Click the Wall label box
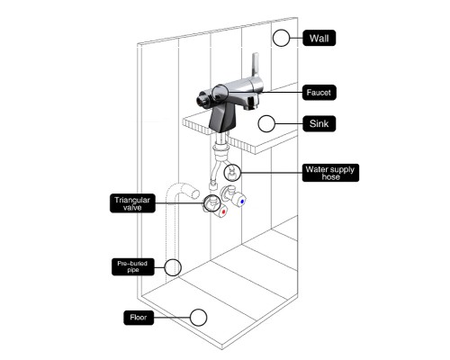(319, 38)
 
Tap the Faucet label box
(319, 93)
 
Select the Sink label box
(319, 123)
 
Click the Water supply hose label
(330, 173)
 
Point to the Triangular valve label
(132, 203)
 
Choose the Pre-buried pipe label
(133, 266)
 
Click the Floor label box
(139, 318)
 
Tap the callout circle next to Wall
(281, 38)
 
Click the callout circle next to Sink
(266, 123)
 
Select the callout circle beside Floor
(198, 318)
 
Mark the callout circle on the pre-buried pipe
(173, 267)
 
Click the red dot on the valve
(223, 211)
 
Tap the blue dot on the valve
(242, 202)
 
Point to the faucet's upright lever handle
(255, 65)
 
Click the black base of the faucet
(222, 120)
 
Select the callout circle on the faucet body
(220, 93)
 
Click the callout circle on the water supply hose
(232, 173)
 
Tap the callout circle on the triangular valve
(211, 202)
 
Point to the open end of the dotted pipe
(195, 193)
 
